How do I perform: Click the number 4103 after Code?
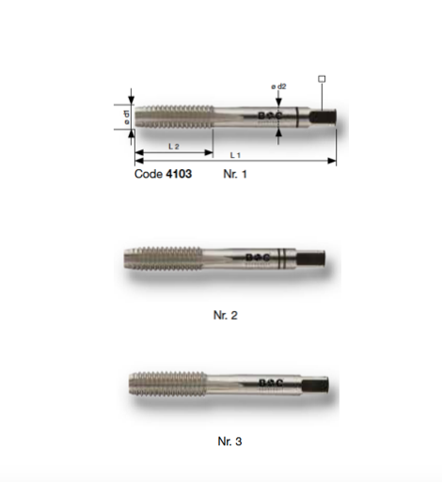point(179,174)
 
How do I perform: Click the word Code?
point(149,174)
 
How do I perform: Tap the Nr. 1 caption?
point(235,174)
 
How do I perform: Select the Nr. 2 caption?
point(226,315)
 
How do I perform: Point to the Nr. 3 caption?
point(229,442)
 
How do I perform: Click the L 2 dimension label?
point(174,147)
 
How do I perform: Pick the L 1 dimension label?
point(235,155)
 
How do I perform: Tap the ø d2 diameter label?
point(278,86)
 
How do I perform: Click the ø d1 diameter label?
point(126,117)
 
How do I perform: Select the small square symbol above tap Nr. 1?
point(322,79)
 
